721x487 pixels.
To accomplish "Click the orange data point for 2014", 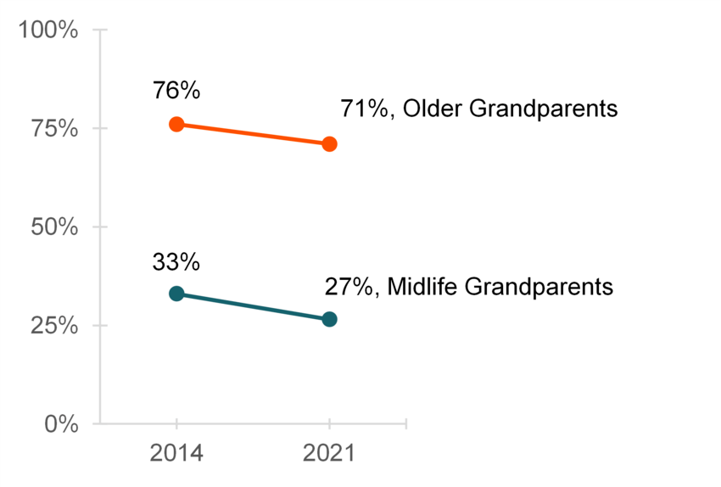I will (x=176, y=124).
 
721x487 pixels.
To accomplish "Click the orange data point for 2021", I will (x=329, y=144).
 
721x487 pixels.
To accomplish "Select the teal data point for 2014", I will (x=176, y=294).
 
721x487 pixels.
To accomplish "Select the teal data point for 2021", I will (x=329, y=319).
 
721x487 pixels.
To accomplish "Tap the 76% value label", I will (x=176, y=90).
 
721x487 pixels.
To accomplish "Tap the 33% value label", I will (x=176, y=262).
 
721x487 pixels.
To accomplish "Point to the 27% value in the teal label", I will (x=349, y=287).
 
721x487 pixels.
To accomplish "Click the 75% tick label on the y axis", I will (x=54, y=129).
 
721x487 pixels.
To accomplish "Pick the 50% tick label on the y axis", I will (x=54, y=227).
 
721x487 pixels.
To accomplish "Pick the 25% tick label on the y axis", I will (x=54, y=326).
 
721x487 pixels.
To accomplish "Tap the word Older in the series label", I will (x=428, y=109).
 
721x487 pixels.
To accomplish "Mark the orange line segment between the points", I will (x=253, y=134).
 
